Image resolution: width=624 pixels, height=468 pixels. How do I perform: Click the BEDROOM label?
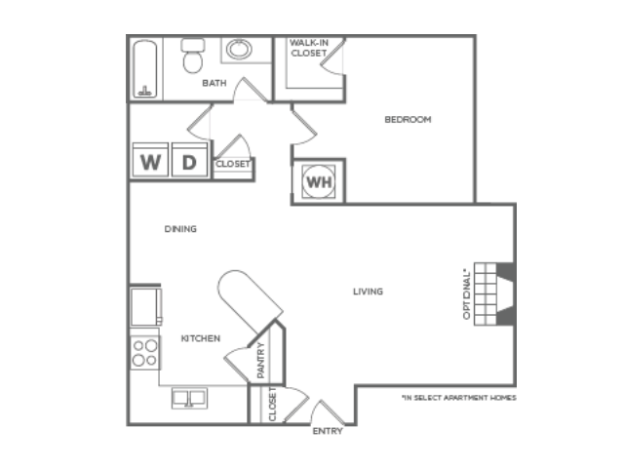coord(408,119)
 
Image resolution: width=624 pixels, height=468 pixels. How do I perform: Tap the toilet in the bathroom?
coord(193,56)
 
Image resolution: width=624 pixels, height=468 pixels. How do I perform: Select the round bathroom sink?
coord(239,50)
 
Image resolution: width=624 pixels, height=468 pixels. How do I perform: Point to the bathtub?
coord(145,69)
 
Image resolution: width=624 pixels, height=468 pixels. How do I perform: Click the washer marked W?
coord(150,160)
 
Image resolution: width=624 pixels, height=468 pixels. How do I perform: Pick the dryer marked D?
coord(189,160)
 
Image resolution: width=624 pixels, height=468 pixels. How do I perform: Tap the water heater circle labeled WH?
coord(319,182)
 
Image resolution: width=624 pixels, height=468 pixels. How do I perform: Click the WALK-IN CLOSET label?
coord(309,48)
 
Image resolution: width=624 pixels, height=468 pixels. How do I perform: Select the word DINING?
coord(180,229)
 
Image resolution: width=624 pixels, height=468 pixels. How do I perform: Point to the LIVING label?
coord(369,292)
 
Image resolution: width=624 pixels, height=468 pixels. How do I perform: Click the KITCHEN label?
coord(201,338)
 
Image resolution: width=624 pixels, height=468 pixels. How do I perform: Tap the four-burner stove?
coord(145,352)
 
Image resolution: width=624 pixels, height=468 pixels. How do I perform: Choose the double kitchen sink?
coord(189,398)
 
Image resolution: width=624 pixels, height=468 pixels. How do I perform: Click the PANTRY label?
coord(260,360)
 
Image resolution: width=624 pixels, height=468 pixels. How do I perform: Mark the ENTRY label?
coord(328,431)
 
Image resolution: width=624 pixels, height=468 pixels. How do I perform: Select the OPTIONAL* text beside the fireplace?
coord(467,294)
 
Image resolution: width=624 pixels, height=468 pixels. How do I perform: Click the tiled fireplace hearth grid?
coord(486,294)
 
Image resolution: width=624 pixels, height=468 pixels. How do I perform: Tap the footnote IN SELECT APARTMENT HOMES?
coord(459,398)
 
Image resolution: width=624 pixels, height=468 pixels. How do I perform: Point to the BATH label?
coord(214,83)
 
